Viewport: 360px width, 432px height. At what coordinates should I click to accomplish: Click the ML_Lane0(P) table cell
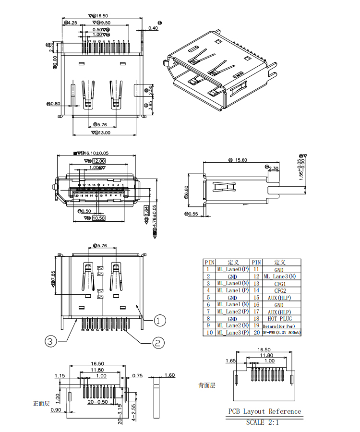(232, 270)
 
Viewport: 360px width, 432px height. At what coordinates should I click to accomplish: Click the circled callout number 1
(160, 319)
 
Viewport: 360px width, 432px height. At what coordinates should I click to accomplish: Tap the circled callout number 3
(51, 342)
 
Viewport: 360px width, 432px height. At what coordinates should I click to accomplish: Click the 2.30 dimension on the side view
(274, 168)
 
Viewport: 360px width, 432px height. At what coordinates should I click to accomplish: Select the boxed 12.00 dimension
(98, 161)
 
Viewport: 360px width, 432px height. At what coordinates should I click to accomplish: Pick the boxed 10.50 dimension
(98, 218)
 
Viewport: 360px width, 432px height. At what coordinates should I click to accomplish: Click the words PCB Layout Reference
(265, 411)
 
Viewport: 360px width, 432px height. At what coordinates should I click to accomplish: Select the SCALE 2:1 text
(262, 422)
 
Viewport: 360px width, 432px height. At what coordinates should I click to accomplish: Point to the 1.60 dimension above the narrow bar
(169, 375)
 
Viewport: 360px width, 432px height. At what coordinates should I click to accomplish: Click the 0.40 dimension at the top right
(153, 28)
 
